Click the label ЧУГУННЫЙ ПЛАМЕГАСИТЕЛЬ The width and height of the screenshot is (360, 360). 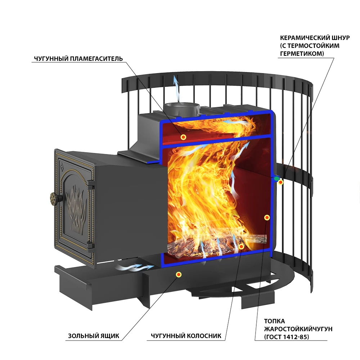pyautogui.click(x=78, y=59)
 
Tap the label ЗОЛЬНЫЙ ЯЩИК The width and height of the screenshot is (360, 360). pyautogui.click(x=93, y=336)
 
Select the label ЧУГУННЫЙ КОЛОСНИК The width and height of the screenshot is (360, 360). pyautogui.click(x=186, y=336)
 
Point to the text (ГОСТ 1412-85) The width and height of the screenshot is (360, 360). pyautogui.click(x=287, y=337)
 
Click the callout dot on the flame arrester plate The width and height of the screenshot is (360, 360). pyautogui.click(x=183, y=137)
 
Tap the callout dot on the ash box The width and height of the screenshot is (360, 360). pyautogui.click(x=179, y=275)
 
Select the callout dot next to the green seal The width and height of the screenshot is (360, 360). pyautogui.click(x=281, y=183)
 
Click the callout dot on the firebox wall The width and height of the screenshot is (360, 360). pyautogui.click(x=267, y=217)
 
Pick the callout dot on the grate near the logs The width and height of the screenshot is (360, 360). pyautogui.click(x=241, y=247)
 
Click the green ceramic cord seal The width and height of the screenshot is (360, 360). pyautogui.click(x=276, y=179)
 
